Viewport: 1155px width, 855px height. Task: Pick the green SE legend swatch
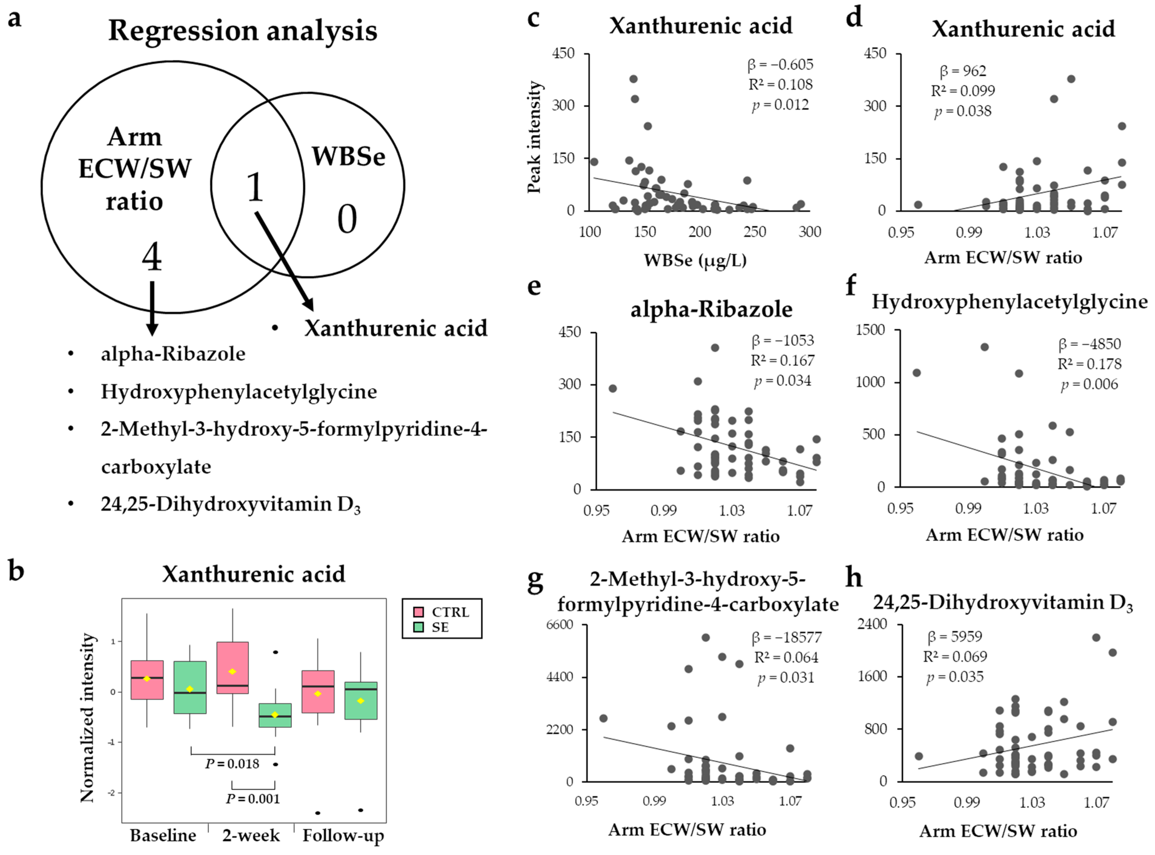coord(418,627)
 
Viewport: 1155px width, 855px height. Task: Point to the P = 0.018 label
coord(232,764)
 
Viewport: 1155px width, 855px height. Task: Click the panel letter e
coord(534,286)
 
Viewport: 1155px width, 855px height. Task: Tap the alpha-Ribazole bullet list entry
coord(173,354)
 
